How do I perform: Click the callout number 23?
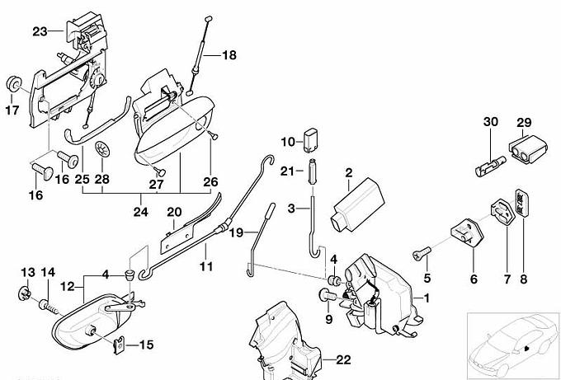(x=40, y=32)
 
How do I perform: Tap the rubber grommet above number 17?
(x=13, y=85)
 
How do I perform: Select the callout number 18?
(x=228, y=56)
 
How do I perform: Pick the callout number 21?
(x=287, y=171)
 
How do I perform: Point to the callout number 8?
(x=524, y=279)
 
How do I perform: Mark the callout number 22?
(x=343, y=360)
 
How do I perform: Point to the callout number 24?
(x=140, y=212)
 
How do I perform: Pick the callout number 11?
(x=205, y=266)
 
